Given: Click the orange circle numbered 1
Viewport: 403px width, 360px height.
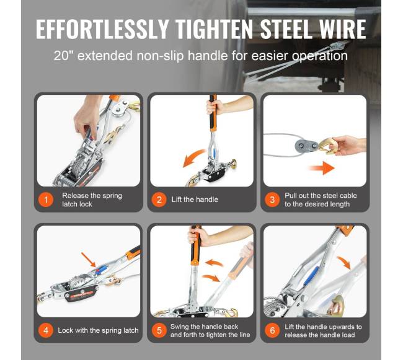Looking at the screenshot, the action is pyautogui.click(x=46, y=200).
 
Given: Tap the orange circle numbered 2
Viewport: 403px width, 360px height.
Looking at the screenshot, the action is pyautogui.click(x=159, y=200).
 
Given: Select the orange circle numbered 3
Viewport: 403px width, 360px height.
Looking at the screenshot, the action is pyautogui.click(x=272, y=200).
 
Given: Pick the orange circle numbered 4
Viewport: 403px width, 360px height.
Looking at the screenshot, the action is pyautogui.click(x=46, y=330).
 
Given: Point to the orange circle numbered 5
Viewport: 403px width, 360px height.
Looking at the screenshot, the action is pyautogui.click(x=159, y=330).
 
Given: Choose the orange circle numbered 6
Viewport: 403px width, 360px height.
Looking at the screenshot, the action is pyautogui.click(x=272, y=330).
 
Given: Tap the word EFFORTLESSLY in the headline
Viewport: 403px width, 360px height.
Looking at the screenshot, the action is pyautogui.click(x=102, y=29).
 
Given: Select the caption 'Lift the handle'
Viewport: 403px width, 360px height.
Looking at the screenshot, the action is pyautogui.click(x=195, y=200).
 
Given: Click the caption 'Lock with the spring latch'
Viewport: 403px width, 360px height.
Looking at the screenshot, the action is pyautogui.click(x=98, y=330).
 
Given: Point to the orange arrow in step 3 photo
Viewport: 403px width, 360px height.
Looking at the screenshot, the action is pyautogui.click(x=321, y=168).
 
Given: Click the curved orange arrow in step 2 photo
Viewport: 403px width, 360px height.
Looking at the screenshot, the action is pyautogui.click(x=194, y=159).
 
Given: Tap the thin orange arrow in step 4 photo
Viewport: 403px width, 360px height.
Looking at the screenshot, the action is pyautogui.click(x=89, y=260).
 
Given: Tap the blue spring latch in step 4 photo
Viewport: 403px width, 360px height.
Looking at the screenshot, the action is pyautogui.click(x=101, y=269).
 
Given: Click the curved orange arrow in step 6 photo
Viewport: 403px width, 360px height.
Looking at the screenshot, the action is pyautogui.click(x=344, y=263).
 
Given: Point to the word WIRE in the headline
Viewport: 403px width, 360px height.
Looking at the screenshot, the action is pyautogui.click(x=343, y=29).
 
